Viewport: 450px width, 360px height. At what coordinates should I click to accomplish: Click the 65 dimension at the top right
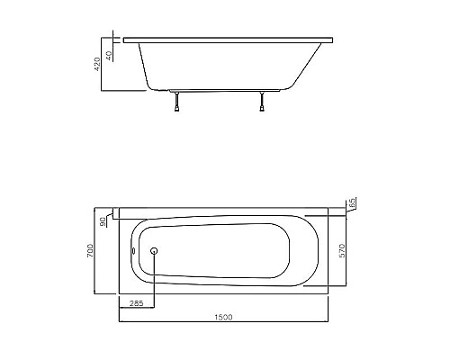pos(354,205)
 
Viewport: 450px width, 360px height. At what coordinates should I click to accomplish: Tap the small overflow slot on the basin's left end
pos(133,253)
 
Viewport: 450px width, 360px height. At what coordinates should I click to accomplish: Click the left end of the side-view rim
pos(126,40)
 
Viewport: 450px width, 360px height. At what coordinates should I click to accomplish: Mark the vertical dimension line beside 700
pos(99,253)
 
